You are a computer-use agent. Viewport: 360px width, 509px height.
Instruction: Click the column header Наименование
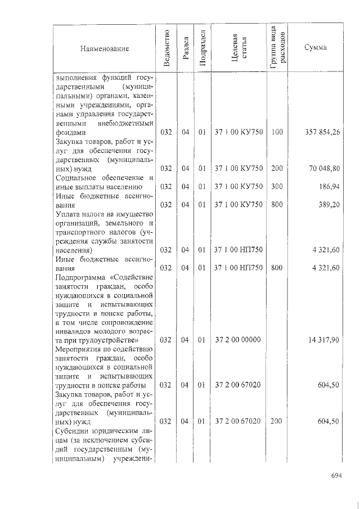(105, 49)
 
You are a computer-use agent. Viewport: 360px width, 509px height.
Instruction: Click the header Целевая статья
(239, 48)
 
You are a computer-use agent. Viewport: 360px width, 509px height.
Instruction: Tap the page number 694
(336, 475)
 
